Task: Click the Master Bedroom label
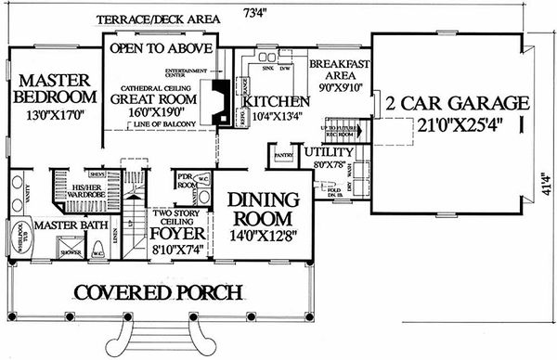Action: click(54, 88)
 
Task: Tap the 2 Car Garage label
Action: click(458, 102)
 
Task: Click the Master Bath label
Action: click(69, 225)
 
